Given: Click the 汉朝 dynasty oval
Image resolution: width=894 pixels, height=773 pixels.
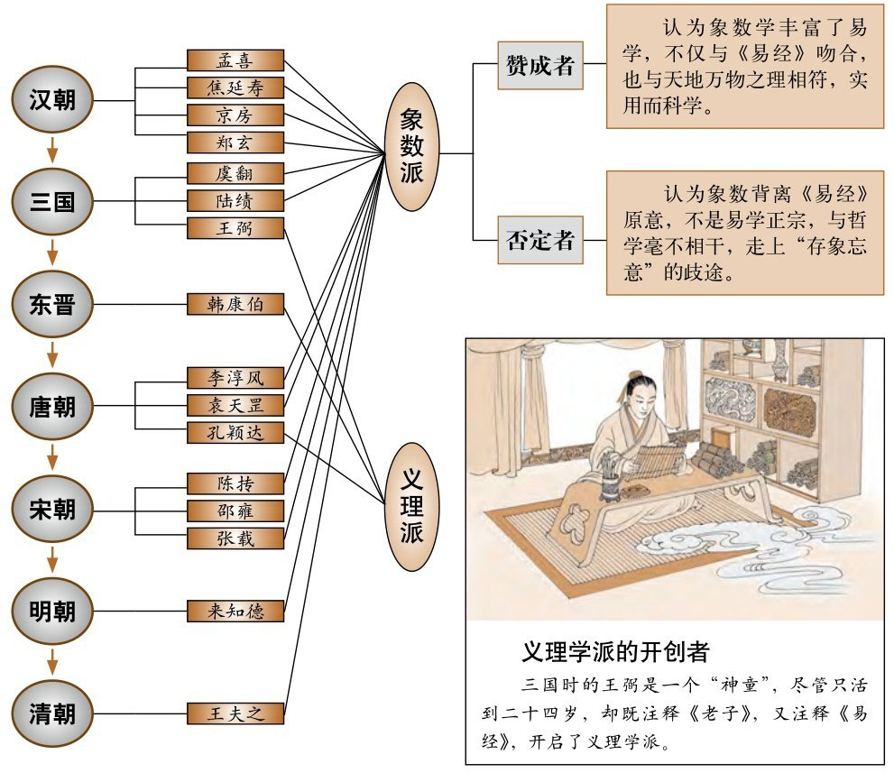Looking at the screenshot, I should coord(52,99).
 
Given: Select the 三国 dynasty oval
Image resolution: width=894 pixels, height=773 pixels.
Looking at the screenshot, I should coord(52,200).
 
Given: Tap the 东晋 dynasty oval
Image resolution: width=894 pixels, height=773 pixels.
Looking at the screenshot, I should coord(52,304).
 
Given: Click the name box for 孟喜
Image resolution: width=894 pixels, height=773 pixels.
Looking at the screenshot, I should coord(235,60).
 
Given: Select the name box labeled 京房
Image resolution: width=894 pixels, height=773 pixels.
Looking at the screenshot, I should coord(235,115).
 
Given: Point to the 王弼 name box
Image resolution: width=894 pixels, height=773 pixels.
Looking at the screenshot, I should coord(235,228).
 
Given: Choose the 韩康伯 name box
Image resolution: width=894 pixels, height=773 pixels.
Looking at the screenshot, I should coord(235,304).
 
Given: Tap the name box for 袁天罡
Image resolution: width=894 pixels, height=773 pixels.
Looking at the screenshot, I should coord(235,404).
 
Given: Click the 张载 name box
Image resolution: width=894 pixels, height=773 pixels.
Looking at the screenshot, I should coord(235,538).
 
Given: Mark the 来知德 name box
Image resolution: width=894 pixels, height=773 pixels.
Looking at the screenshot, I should coord(235,611).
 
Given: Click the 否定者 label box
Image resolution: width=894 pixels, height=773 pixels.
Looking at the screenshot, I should coord(539,241).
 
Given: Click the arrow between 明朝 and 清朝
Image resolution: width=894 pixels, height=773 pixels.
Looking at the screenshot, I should coord(52,662).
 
